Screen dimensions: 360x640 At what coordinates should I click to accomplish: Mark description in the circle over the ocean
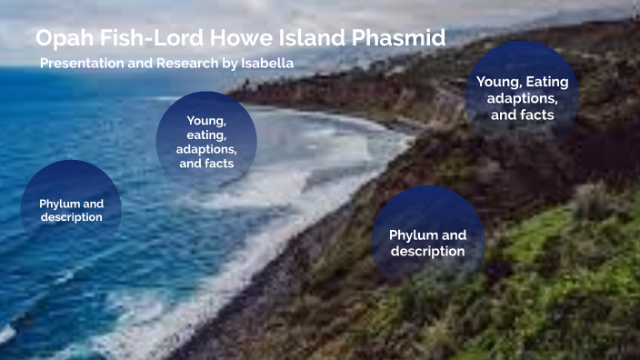coord(70,217)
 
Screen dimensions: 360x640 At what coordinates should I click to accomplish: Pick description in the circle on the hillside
coord(427,251)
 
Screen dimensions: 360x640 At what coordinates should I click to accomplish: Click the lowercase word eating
coord(206,134)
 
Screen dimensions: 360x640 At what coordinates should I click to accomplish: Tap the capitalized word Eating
coord(547,82)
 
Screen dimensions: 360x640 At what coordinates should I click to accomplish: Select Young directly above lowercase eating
coord(206,119)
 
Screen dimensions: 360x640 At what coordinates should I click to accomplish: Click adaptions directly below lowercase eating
coord(206,148)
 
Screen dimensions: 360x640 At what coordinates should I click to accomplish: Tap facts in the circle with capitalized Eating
coord(536,115)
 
